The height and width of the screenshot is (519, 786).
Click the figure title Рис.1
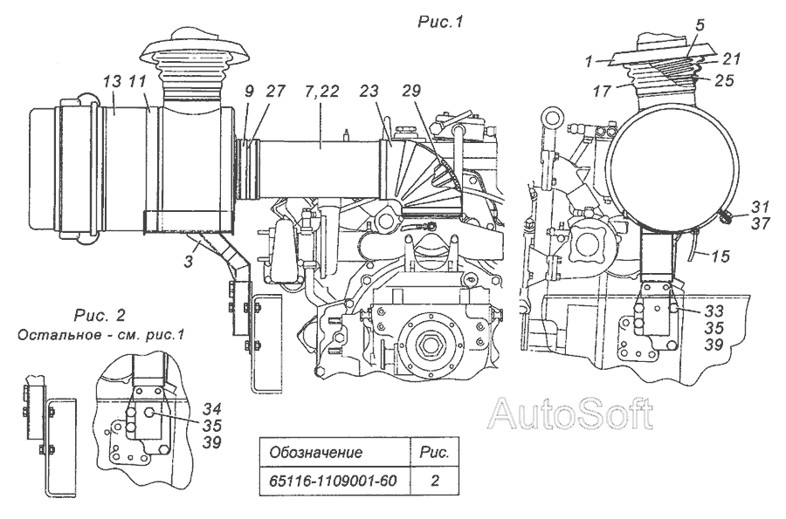pos(441,22)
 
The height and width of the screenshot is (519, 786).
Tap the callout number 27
pos(275,91)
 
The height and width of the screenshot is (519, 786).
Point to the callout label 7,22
pos(321,92)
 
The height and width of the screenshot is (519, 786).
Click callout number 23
pos(370,91)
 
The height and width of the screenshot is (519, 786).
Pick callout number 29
pos(411,91)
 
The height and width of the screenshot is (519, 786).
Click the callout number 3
pos(189,261)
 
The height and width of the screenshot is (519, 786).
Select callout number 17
pos(602,91)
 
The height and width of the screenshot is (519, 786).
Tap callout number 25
pos(724,80)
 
